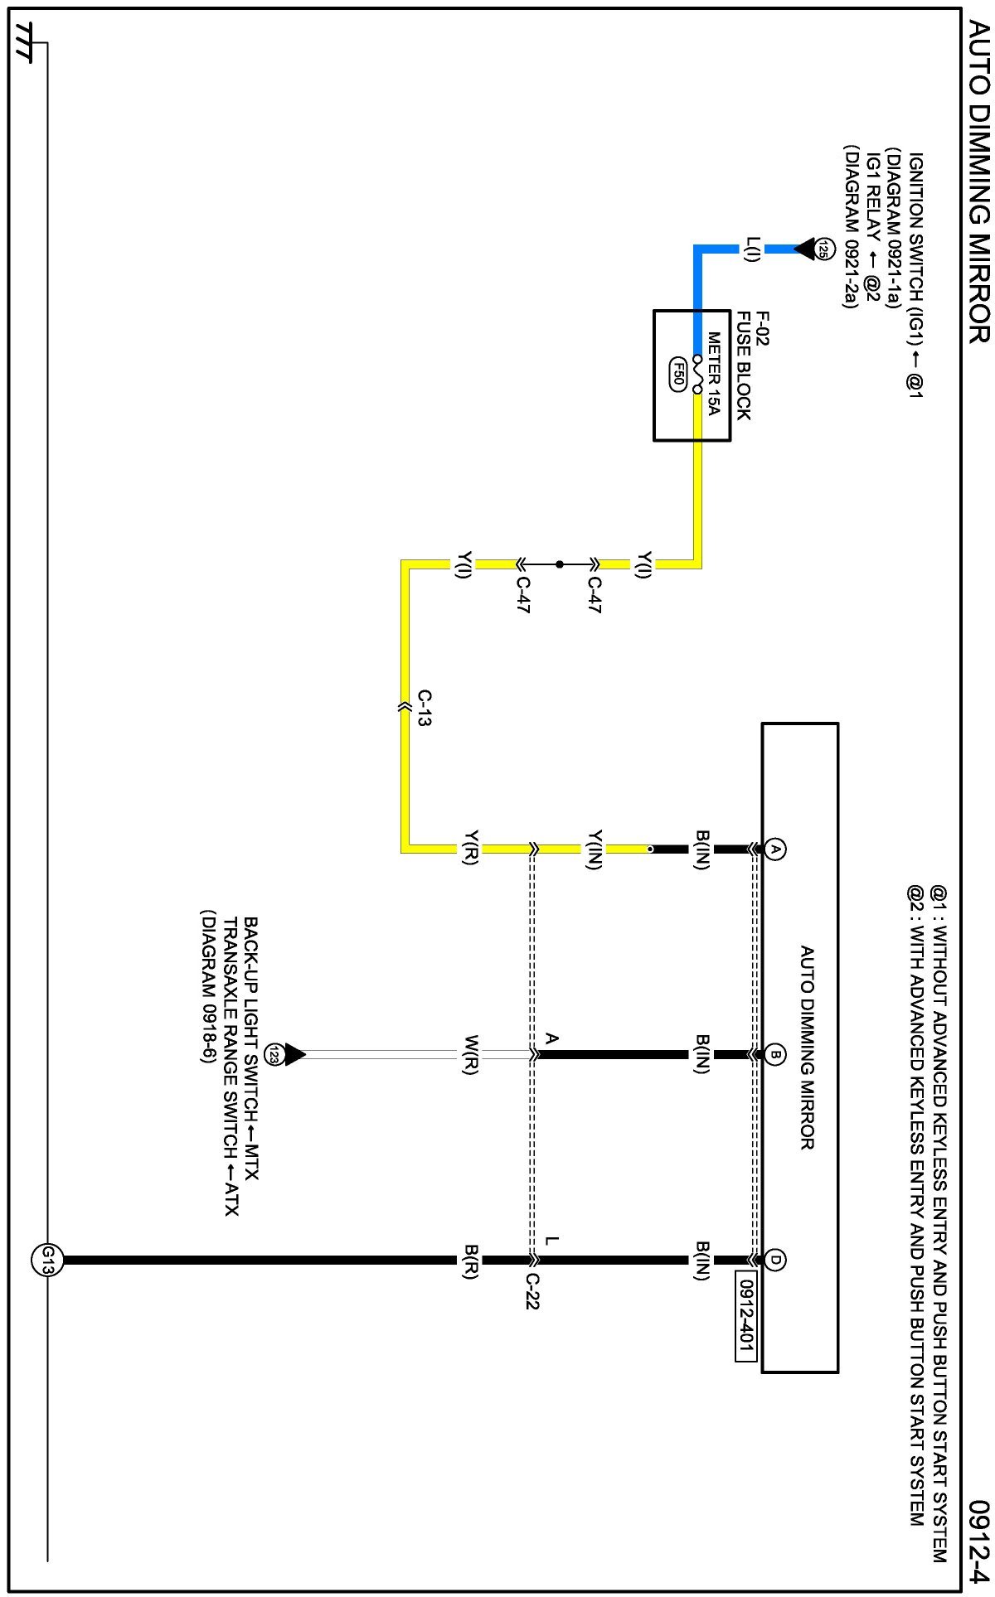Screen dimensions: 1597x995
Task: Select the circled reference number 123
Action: [x=273, y=1055]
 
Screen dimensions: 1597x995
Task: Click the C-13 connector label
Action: [x=424, y=708]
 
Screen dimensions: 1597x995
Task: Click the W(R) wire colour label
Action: [x=470, y=1055]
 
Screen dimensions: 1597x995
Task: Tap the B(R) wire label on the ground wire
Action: [x=470, y=1260]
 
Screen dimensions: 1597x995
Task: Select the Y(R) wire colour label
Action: [x=470, y=849]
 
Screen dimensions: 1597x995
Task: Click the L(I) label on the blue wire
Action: [x=752, y=249]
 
